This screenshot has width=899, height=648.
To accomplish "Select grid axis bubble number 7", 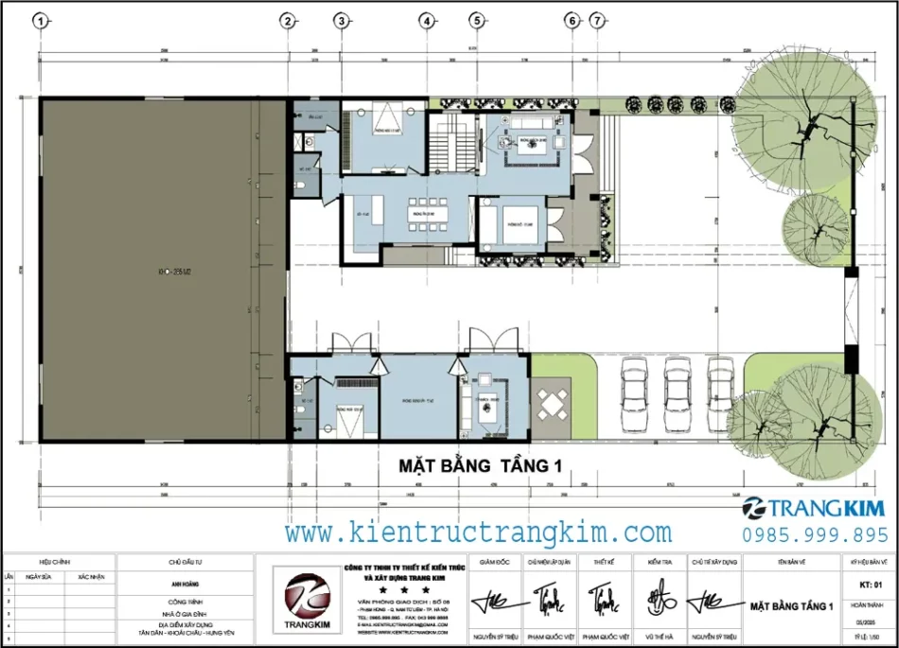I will coord(597,20).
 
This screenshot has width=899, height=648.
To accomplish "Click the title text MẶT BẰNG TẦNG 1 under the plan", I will coord(480,465).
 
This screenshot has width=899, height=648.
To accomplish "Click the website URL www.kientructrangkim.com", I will coord(478,533).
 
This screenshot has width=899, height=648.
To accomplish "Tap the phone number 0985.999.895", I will coord(815,534).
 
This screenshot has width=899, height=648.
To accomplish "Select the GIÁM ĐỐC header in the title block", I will coord(495,561).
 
